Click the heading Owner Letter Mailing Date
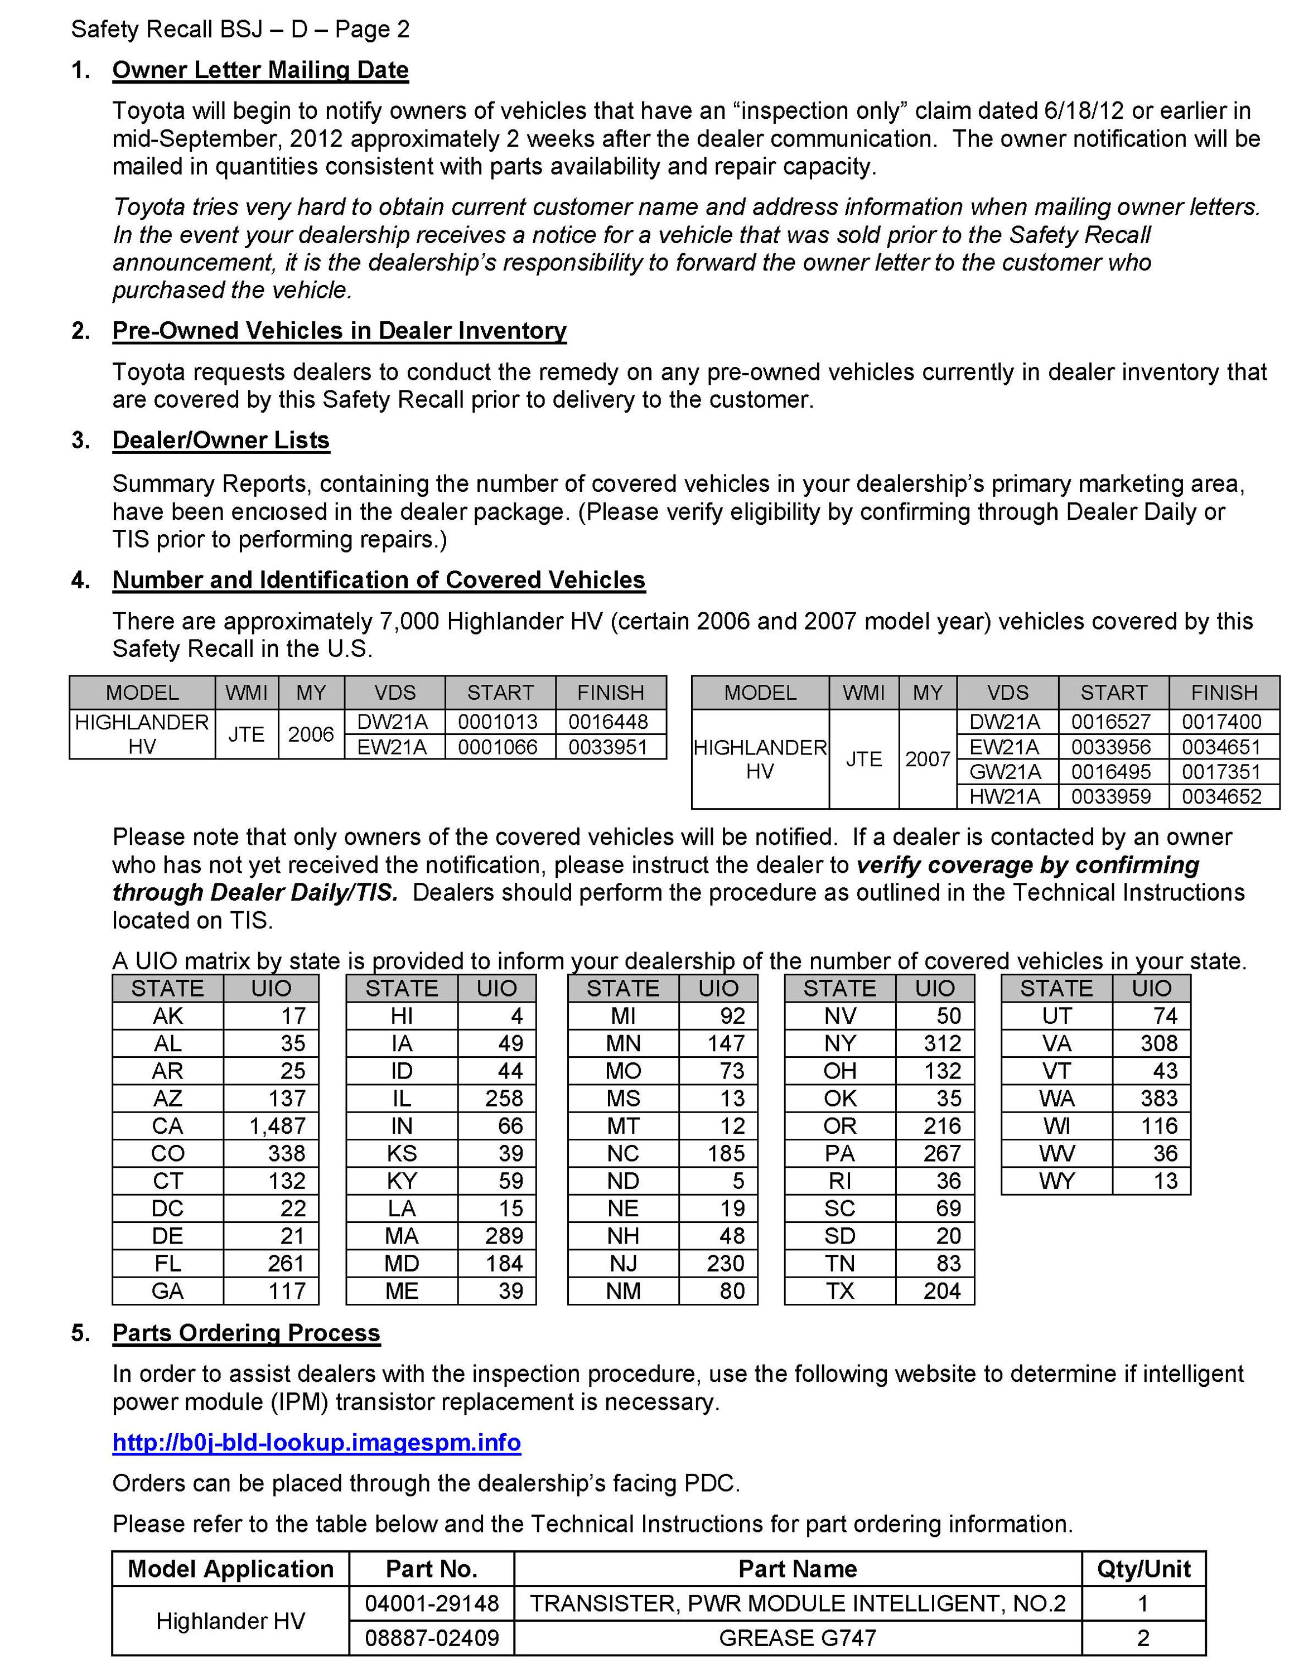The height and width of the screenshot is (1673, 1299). (x=260, y=70)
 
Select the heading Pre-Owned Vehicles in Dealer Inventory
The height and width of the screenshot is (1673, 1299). (x=339, y=331)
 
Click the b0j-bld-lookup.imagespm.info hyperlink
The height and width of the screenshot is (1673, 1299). (x=316, y=1443)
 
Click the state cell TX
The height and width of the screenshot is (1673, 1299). (x=839, y=1292)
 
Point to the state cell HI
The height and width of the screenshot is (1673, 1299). (x=402, y=1016)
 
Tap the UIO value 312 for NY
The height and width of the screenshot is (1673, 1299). (x=941, y=1043)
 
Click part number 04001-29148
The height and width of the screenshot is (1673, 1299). (x=432, y=1603)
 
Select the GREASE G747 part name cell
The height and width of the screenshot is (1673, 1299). (x=798, y=1638)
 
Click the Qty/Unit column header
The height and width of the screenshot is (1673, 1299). (x=1143, y=1569)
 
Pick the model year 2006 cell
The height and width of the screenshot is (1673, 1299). (x=311, y=734)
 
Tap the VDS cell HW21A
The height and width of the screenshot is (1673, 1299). (x=1005, y=797)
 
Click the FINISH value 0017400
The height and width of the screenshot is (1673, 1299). (x=1221, y=722)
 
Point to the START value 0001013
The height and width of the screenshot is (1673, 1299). (x=498, y=722)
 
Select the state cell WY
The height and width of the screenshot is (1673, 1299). (x=1056, y=1181)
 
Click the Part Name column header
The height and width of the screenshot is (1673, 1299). (x=798, y=1569)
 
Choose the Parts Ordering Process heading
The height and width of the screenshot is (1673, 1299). (x=246, y=1333)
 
